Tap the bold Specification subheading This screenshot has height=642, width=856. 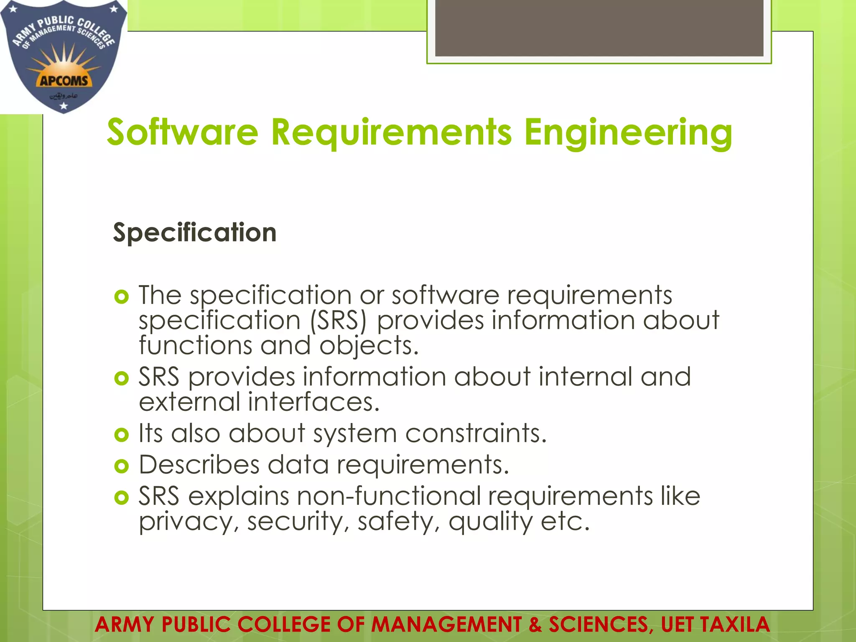195,232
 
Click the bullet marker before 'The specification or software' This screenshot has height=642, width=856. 121,297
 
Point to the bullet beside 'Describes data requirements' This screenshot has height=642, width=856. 121,466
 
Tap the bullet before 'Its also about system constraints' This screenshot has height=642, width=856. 121,435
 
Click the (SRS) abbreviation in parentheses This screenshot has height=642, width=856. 338,321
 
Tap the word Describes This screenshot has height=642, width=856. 199,465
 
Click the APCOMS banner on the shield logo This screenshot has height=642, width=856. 64,81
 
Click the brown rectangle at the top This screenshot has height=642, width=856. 599,28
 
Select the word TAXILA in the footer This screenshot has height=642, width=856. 735,624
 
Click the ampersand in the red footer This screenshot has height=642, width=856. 535,624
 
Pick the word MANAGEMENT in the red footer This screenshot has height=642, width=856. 446,624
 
